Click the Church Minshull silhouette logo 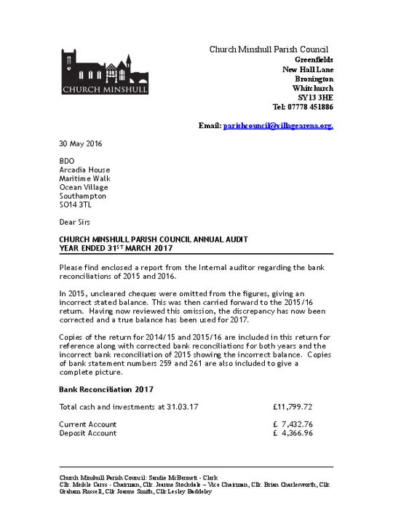coord(104,71)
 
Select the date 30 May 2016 coord(81,143)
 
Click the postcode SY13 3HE coord(316,97)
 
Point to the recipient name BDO coord(66,161)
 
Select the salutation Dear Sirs coord(75,221)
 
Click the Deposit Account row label coord(87,433)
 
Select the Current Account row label coord(87,424)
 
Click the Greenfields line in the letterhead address coord(314,59)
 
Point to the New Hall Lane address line coord(308,68)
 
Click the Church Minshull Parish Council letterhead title coord(269,49)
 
